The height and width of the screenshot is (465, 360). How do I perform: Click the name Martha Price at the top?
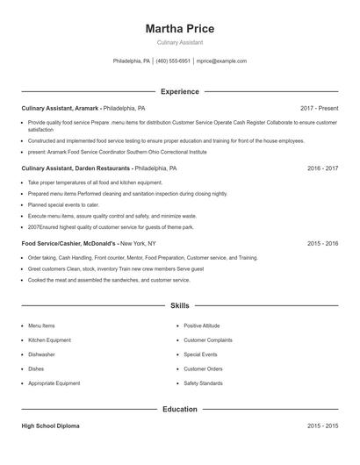(x=179, y=29)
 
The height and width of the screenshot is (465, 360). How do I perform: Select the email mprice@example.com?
(x=221, y=61)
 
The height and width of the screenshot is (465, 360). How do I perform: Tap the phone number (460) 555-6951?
(x=174, y=61)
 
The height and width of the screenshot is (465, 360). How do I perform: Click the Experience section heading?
(x=179, y=91)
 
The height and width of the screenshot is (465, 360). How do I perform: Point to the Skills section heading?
(x=179, y=305)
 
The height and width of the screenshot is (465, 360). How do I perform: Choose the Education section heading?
(x=179, y=409)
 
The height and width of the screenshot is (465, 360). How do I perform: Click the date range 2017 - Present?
(x=319, y=108)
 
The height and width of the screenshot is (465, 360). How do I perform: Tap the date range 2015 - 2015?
(x=322, y=426)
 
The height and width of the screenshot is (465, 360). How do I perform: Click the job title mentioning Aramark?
(x=83, y=108)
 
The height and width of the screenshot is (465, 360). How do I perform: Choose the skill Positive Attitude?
(x=201, y=325)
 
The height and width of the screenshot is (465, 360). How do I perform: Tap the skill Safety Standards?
(x=203, y=383)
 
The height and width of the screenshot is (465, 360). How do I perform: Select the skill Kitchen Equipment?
(x=49, y=340)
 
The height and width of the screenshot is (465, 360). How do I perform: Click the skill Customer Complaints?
(x=208, y=340)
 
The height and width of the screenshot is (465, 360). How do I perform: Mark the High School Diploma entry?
(x=50, y=426)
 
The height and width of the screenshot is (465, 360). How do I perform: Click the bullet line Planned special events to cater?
(x=64, y=204)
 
